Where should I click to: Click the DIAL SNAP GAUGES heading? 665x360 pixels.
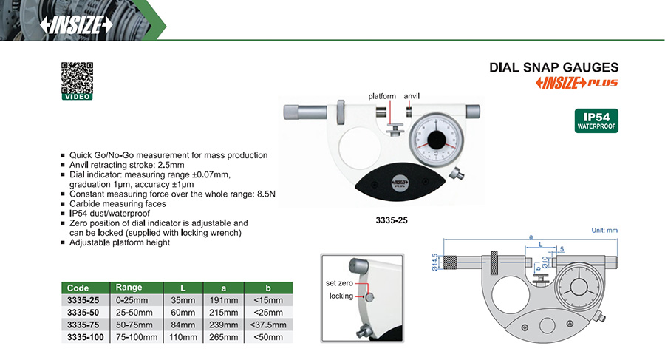point(554,67)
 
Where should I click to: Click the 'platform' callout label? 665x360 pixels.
point(383,96)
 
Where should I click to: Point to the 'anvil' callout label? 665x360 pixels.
point(412,96)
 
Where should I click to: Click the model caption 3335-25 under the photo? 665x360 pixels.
point(392,220)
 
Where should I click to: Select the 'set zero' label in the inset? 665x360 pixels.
point(341,283)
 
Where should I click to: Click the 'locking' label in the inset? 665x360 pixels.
point(342,296)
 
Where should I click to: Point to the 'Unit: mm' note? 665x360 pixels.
point(604,231)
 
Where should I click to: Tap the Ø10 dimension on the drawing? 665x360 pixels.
point(545,261)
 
